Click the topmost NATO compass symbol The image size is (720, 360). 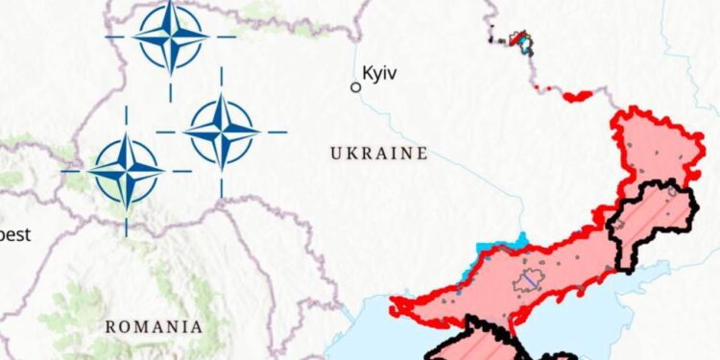(170, 36)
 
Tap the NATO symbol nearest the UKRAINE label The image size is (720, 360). (221, 131)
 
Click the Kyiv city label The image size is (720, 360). (380, 72)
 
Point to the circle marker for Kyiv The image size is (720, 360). (355, 86)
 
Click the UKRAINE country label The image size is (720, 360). (378, 154)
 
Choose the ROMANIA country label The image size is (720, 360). (154, 326)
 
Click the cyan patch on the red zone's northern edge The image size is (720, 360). (516, 241)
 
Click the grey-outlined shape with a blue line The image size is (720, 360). (527, 281)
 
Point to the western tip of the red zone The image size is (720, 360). (394, 308)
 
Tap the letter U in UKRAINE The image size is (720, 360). (336, 154)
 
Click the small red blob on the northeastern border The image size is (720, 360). (579, 96)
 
